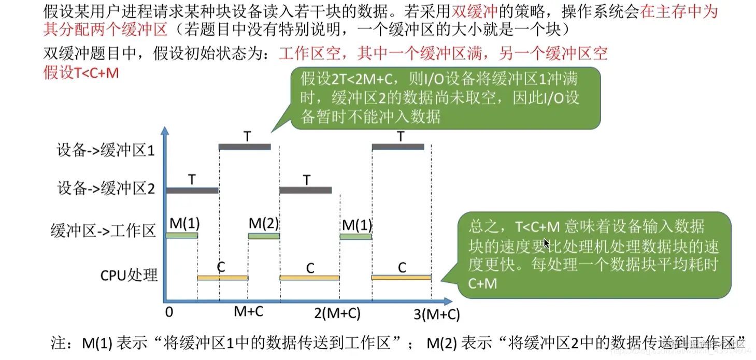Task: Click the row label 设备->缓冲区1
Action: coord(106,151)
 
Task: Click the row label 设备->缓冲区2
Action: coord(106,189)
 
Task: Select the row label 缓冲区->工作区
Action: coord(103,231)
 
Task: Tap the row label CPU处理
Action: coord(129,275)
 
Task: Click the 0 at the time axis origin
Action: coord(169,312)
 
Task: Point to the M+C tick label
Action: coord(249,312)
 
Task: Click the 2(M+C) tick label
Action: coord(337,313)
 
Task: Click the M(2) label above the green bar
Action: coord(264,223)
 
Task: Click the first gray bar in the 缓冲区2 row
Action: coord(192,191)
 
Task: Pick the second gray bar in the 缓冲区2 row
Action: coord(305,190)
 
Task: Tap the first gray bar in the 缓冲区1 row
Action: coord(245,147)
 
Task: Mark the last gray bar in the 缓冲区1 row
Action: coord(398,147)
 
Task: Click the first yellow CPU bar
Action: coord(222,278)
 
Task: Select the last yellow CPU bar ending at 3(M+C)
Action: coord(401,278)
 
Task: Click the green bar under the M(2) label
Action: coord(264,236)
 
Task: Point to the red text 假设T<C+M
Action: coord(81,73)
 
